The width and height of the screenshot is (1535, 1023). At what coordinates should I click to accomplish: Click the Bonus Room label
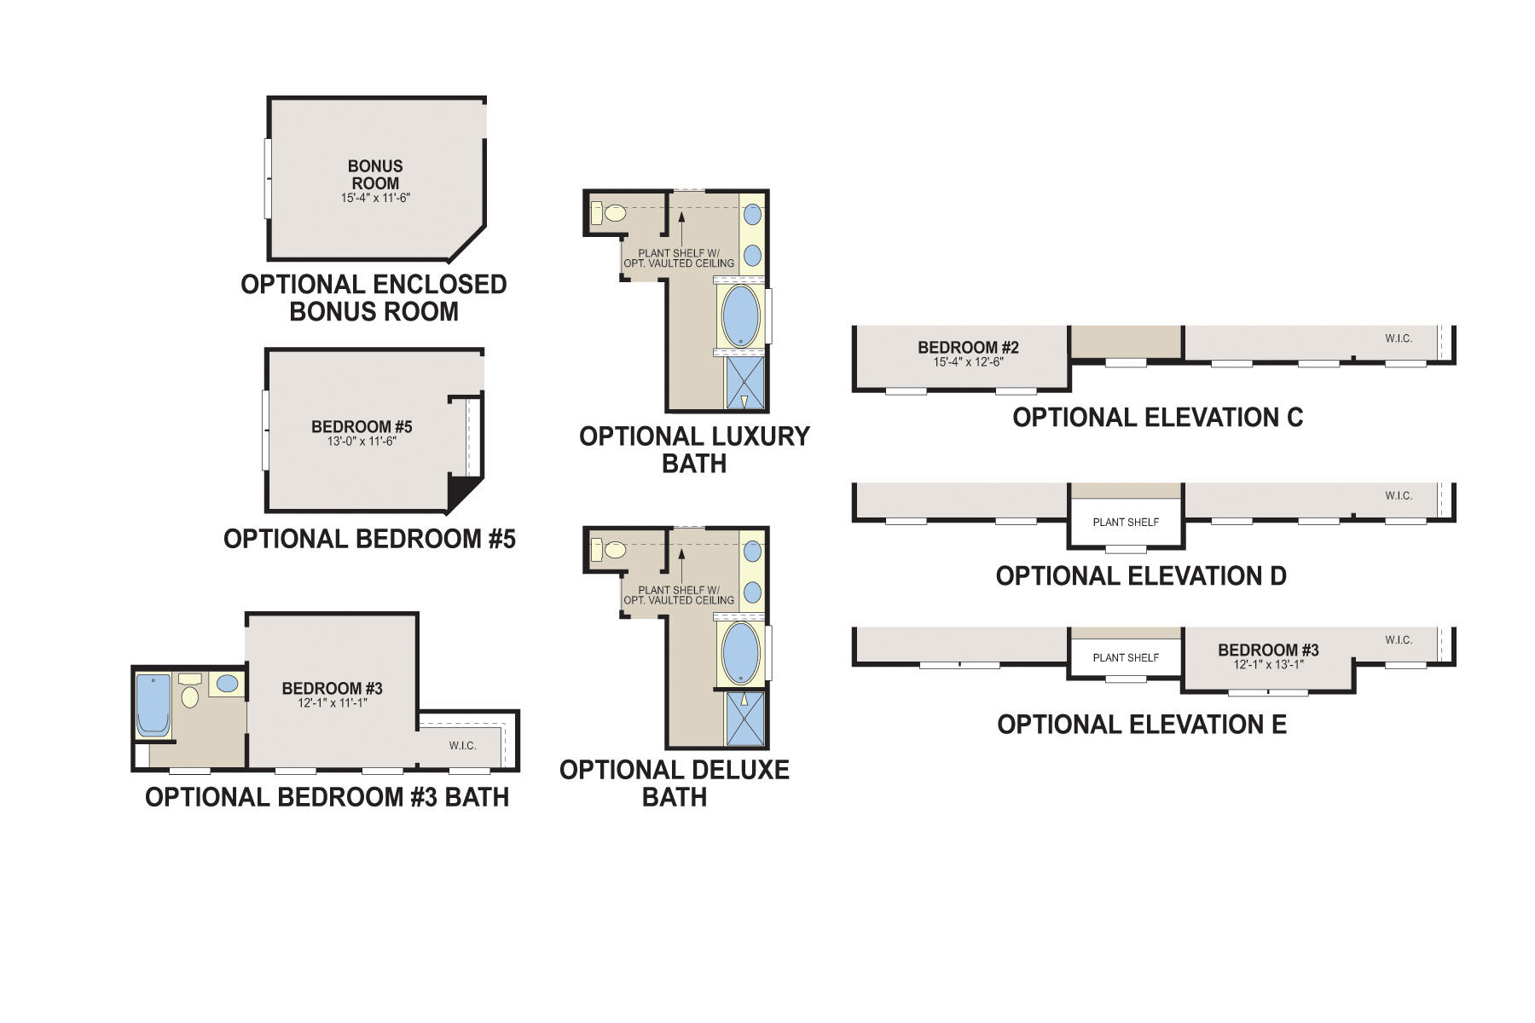(375, 175)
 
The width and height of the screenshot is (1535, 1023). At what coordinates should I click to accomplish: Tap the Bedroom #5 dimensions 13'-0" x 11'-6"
(362, 442)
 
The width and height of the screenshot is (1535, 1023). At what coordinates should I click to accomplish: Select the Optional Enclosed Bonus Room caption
(374, 298)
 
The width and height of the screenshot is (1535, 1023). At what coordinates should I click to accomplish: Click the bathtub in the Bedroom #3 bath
(153, 704)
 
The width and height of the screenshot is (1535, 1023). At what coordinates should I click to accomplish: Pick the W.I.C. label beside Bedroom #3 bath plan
(462, 746)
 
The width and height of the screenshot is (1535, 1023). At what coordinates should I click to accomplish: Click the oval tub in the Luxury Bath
(740, 315)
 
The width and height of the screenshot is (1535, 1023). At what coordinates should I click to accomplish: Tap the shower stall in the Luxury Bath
(744, 383)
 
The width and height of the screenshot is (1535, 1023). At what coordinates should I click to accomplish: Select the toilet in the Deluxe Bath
(614, 550)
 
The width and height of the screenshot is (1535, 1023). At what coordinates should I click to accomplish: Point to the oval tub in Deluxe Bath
(740, 652)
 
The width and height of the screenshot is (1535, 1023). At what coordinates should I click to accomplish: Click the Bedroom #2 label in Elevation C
(968, 348)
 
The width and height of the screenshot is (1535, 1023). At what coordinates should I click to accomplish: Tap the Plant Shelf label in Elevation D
(1126, 523)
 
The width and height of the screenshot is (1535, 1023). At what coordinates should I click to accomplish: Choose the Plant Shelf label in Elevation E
(1126, 658)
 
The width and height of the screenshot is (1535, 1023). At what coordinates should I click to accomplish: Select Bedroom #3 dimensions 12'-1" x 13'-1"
(1268, 665)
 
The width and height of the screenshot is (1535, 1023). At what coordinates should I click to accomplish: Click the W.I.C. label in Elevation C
(1399, 338)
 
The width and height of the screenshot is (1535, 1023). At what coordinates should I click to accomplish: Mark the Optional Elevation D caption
(1140, 576)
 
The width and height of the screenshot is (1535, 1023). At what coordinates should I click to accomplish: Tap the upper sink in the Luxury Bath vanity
(752, 214)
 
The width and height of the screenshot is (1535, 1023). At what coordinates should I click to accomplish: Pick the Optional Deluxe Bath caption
(674, 783)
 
